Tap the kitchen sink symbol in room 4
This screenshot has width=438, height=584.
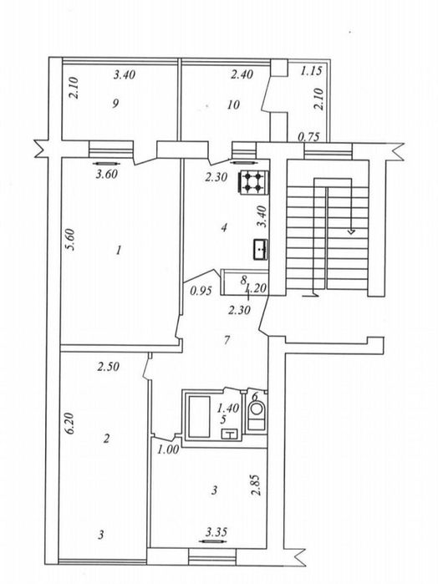click(x=262, y=246)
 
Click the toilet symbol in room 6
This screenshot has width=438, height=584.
click(x=258, y=414)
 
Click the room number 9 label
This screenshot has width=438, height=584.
click(x=119, y=104)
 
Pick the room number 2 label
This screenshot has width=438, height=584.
click(x=107, y=438)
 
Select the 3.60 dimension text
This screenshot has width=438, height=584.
click(x=105, y=175)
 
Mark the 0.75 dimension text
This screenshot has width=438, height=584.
click(x=308, y=137)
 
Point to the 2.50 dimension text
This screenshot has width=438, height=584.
click(x=107, y=366)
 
